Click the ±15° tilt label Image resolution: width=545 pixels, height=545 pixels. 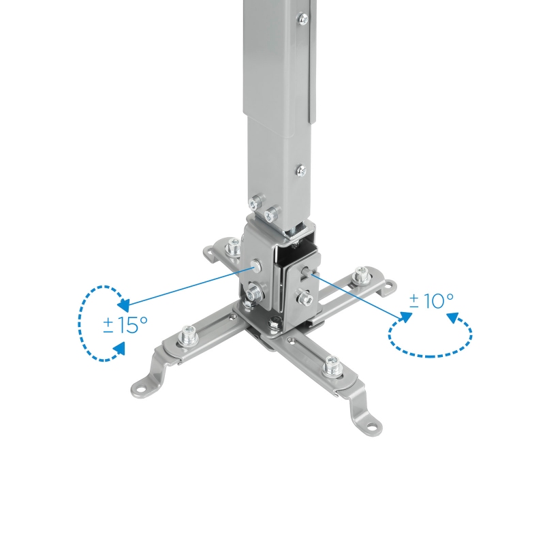click(x=125, y=325)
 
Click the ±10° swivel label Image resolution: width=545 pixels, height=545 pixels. click(x=431, y=300)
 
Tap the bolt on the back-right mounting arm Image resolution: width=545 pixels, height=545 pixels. click(x=360, y=278)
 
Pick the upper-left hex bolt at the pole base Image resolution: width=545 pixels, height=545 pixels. click(x=255, y=202)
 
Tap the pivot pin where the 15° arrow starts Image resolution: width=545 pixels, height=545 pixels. click(x=255, y=264)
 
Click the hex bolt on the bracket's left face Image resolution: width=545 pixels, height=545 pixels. click(x=255, y=293)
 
